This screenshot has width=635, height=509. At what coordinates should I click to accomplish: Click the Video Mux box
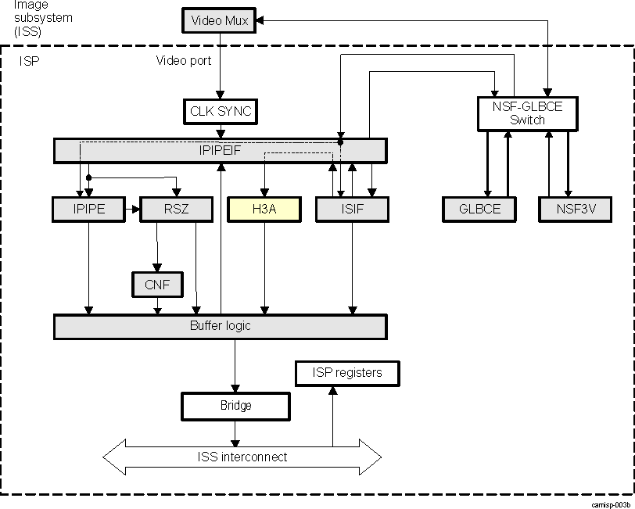(220, 20)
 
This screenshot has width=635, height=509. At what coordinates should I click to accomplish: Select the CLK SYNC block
(221, 111)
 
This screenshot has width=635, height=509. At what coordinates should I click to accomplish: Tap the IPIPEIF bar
(220, 150)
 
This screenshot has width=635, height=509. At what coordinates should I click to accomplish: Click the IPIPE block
(88, 209)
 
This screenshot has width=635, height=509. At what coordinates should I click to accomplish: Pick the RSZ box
(175, 209)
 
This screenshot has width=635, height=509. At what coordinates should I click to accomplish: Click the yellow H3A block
(264, 209)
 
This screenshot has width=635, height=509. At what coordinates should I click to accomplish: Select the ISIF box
(351, 209)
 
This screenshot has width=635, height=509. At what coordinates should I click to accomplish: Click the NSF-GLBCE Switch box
(528, 113)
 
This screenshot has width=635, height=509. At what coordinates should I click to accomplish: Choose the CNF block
(157, 285)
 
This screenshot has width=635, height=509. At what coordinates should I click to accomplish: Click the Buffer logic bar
(220, 326)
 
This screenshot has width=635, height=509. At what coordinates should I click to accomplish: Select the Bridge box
(235, 406)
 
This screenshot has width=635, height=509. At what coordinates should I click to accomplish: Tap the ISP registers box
(347, 373)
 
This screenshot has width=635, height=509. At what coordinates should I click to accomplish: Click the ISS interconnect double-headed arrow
(242, 457)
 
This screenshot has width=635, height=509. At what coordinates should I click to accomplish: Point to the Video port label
(184, 60)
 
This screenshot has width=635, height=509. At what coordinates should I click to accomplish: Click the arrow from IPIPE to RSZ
(132, 209)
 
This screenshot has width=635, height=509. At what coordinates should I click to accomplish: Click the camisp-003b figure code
(612, 504)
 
